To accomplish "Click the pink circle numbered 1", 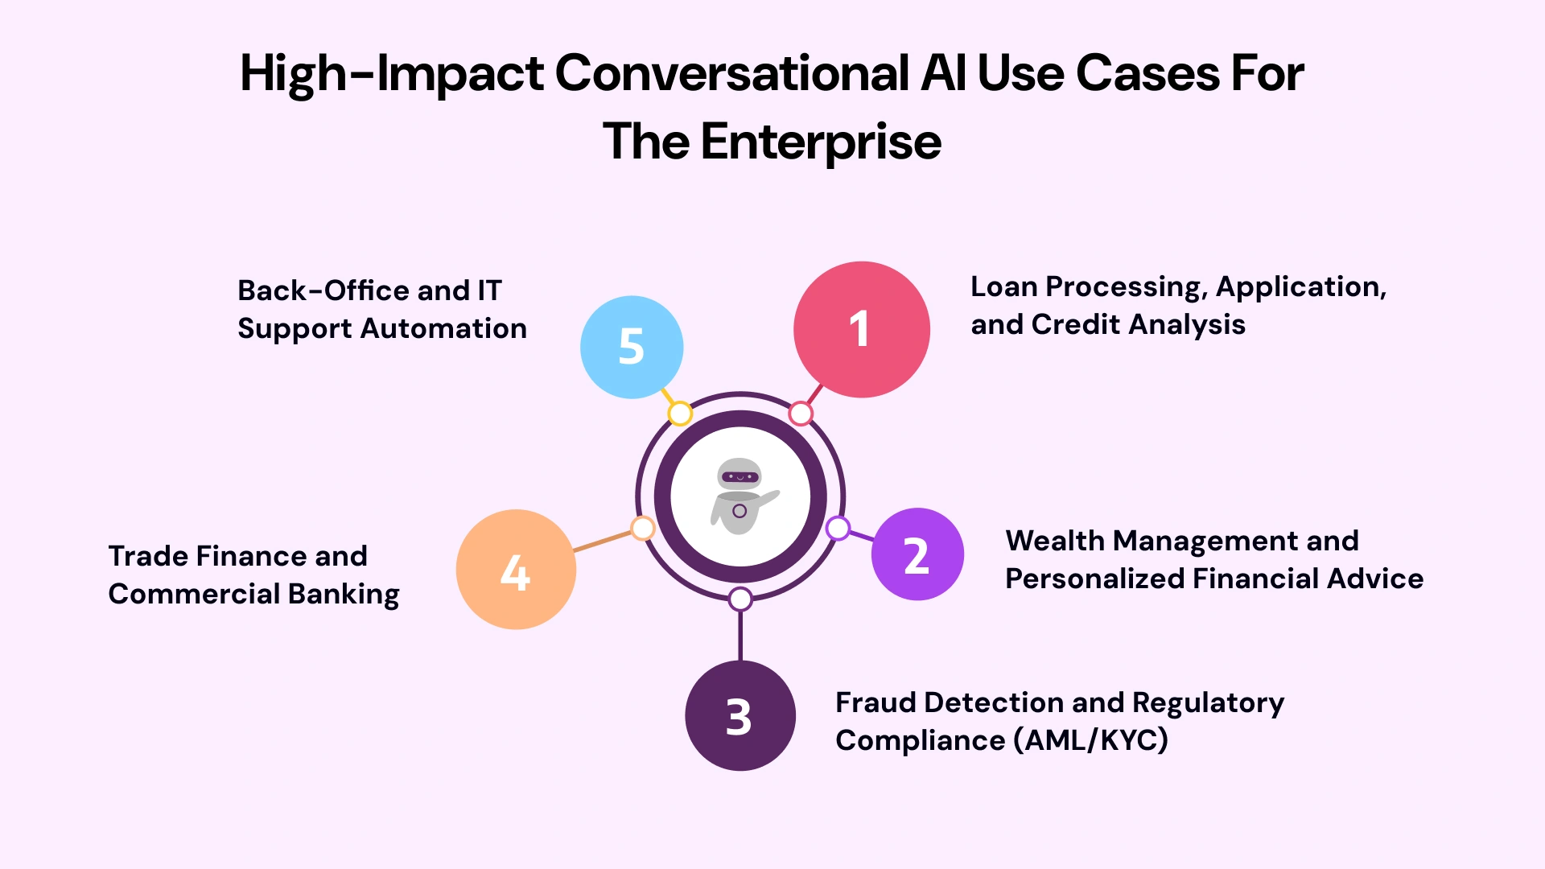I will (861, 329).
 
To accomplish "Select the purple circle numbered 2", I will (917, 554).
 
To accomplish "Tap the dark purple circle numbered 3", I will (740, 715).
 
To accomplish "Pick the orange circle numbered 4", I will (516, 570).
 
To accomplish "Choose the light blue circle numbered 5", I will (632, 347).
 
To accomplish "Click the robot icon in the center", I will (740, 496).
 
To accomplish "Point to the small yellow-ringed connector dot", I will (680, 414).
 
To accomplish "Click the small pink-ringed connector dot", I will (801, 414).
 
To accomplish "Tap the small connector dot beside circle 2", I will (838, 529).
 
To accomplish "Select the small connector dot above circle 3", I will (740, 599).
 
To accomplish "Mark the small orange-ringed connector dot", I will (642, 529).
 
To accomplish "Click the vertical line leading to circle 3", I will (740, 636).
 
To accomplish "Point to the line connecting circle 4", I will (604, 541).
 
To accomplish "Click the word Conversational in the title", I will (732, 73).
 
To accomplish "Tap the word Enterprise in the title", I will (821, 142).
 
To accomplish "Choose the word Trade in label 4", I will (148, 556).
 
